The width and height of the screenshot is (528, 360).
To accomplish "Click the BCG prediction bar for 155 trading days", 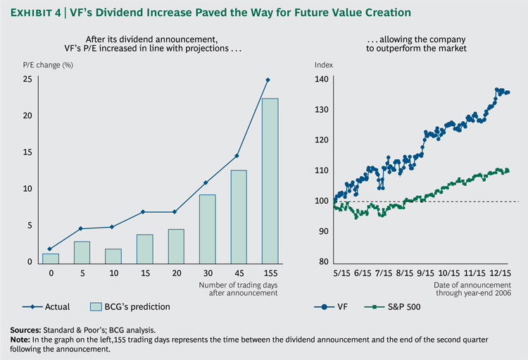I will [x=270, y=180].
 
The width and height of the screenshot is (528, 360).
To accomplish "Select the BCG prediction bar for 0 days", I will [x=50, y=258].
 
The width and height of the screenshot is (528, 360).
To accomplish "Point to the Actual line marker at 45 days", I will [x=238, y=156].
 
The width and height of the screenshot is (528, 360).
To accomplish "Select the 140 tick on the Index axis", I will [x=322, y=80].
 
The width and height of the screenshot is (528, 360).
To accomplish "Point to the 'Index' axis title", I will [x=323, y=63].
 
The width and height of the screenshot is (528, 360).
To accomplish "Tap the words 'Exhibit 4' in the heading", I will [x=36, y=13].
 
